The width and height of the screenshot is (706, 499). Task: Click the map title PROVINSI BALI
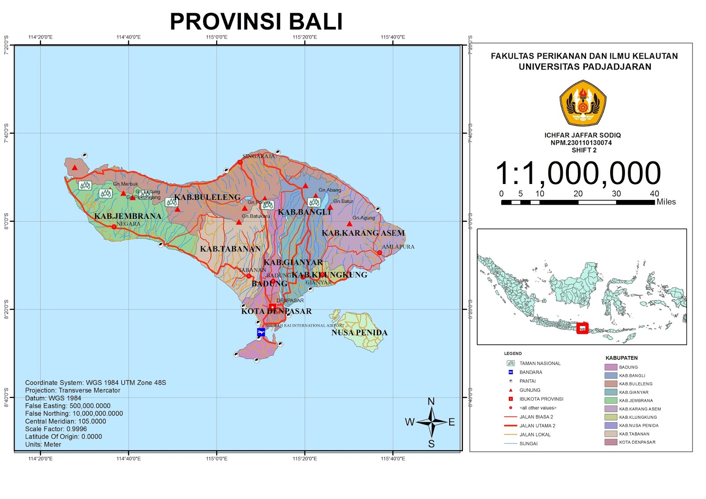point(256,22)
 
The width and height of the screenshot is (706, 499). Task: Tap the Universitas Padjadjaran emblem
point(582,103)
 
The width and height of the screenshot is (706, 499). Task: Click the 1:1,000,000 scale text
point(578,173)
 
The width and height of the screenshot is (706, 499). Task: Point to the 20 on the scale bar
point(578,194)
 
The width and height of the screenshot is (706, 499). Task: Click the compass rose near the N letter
point(432,422)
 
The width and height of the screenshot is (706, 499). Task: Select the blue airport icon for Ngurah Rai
point(261,332)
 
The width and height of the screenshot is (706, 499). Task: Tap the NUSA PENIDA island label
point(359,333)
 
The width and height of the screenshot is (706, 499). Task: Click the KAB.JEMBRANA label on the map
point(128,216)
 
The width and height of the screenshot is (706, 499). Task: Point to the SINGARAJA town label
point(259,156)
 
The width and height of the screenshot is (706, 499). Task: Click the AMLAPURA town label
point(398,247)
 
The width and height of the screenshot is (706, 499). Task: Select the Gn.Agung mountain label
point(364,218)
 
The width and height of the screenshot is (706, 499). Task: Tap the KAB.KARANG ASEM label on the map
point(363,233)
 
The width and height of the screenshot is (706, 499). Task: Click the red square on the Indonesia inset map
point(582,328)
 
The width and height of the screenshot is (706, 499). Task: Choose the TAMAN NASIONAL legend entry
point(540,364)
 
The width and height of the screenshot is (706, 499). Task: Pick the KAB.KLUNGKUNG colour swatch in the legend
point(611,417)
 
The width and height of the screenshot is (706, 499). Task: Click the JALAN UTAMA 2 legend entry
point(537,426)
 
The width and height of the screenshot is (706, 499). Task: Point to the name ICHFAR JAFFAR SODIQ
point(582,135)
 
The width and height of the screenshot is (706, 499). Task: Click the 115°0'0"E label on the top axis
point(217,37)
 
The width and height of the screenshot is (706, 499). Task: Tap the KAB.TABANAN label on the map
point(230,249)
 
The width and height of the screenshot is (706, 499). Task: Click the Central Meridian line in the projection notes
point(65,421)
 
